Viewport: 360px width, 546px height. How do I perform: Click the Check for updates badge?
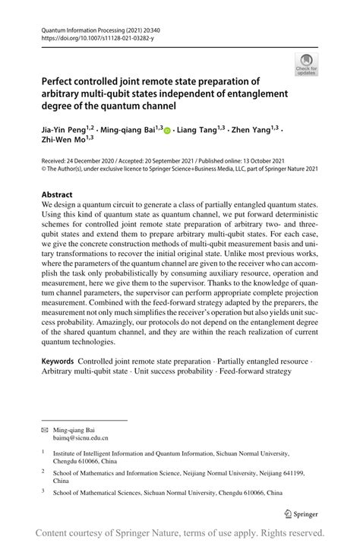click(x=305, y=64)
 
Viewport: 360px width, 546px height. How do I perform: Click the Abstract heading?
click(x=57, y=194)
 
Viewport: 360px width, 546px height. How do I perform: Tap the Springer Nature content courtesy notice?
click(x=180, y=532)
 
